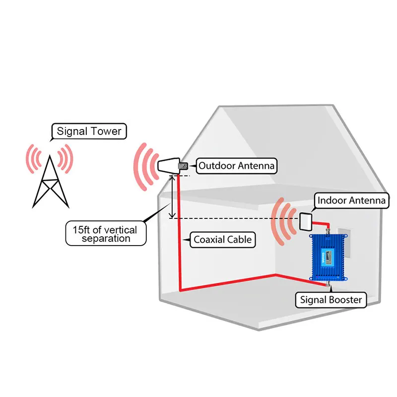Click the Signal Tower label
(x=89, y=132)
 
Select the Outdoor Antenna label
(x=236, y=166)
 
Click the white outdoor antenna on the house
(x=170, y=167)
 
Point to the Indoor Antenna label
(x=351, y=200)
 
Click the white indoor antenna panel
(x=305, y=221)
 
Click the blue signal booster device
(x=327, y=258)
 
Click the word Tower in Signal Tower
(x=106, y=132)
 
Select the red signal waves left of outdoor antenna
(x=142, y=168)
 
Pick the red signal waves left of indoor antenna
(x=281, y=221)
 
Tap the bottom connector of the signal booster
(x=327, y=285)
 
